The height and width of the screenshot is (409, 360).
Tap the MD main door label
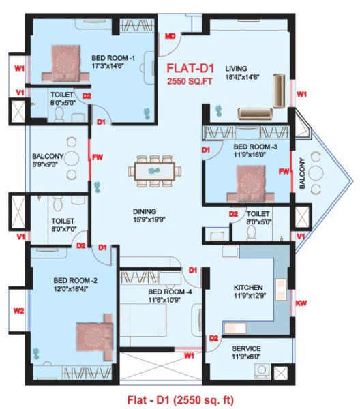171,35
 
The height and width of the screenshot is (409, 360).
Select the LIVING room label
237,69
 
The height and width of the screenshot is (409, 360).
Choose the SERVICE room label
247,348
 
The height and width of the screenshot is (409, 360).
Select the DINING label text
145,211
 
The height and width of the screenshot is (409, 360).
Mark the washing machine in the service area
260,370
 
